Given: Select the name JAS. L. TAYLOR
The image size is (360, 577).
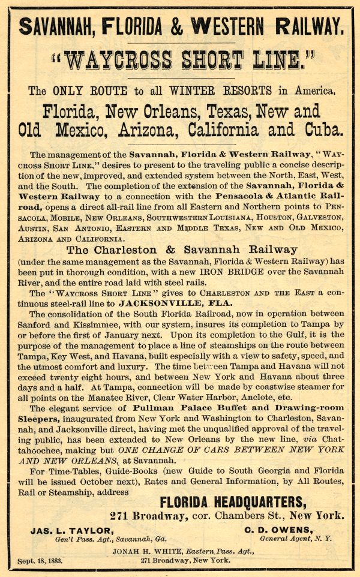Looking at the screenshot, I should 71,530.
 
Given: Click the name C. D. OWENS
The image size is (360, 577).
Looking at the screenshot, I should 278,530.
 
